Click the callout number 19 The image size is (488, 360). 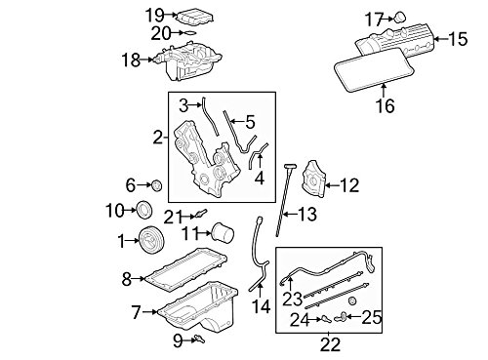(154, 14)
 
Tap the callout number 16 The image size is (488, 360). (385, 106)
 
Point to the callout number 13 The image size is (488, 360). (307, 214)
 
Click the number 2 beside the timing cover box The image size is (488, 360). (157, 139)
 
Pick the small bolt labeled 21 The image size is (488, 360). (201, 215)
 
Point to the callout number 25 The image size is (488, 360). (372, 316)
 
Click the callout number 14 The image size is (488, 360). (259, 305)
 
